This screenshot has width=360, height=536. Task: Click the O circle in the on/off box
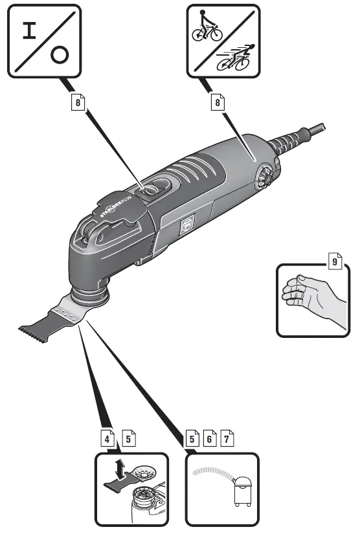point(59,56)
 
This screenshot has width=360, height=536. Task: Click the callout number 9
point(334,261)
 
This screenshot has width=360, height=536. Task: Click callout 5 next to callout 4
point(129,438)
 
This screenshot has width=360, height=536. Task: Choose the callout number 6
point(208,438)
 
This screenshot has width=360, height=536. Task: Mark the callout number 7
point(226,438)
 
